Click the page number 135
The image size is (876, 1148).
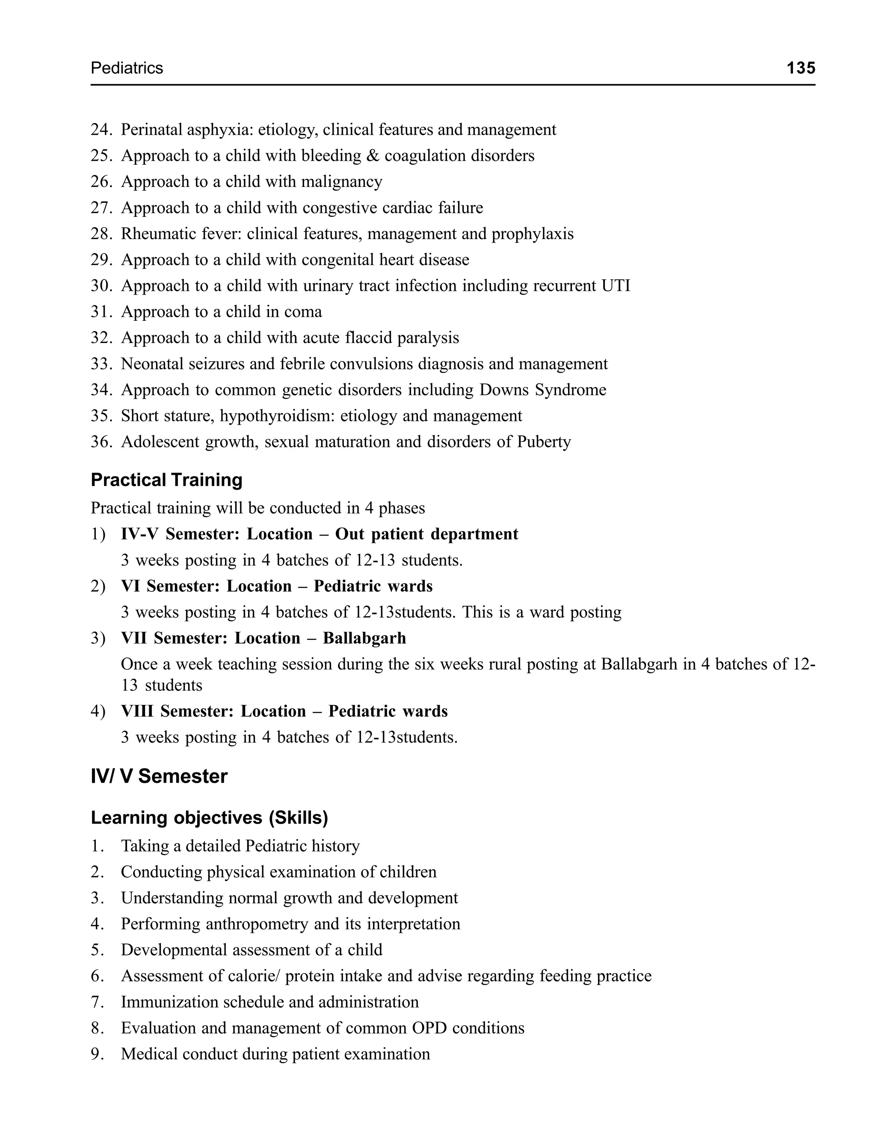click(x=800, y=68)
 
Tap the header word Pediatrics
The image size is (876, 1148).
click(x=127, y=68)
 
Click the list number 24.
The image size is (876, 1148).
click(x=101, y=130)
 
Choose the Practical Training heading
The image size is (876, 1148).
click(x=166, y=480)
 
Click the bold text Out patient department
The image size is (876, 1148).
click(x=426, y=534)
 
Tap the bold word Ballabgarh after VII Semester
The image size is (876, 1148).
click(x=364, y=639)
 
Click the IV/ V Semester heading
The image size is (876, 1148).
click(x=159, y=776)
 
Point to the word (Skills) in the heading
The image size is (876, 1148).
click(x=298, y=818)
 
